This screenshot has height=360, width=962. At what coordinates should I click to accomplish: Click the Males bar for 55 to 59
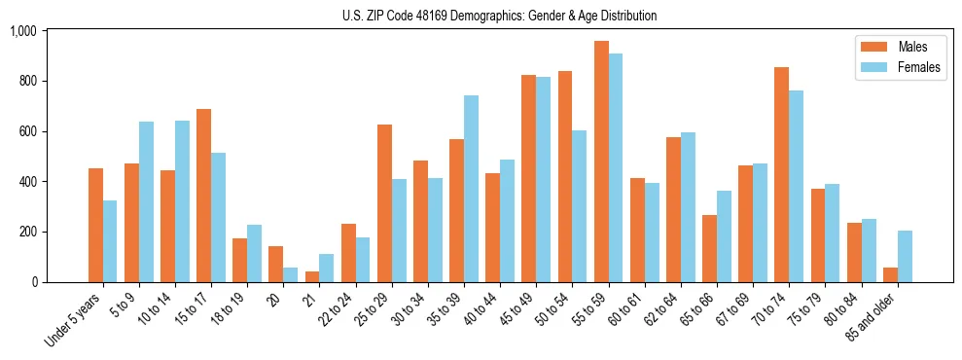(x=601, y=162)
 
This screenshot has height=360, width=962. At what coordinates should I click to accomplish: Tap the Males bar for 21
(x=312, y=276)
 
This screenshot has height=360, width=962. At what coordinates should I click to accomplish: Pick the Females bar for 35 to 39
(x=471, y=189)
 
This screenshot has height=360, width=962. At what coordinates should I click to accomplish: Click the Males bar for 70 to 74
(x=781, y=175)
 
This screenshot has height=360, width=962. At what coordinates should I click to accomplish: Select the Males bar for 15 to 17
(x=203, y=196)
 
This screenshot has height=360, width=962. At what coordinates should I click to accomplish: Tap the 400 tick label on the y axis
(x=27, y=182)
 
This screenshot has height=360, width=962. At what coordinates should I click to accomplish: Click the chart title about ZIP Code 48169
(x=499, y=16)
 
